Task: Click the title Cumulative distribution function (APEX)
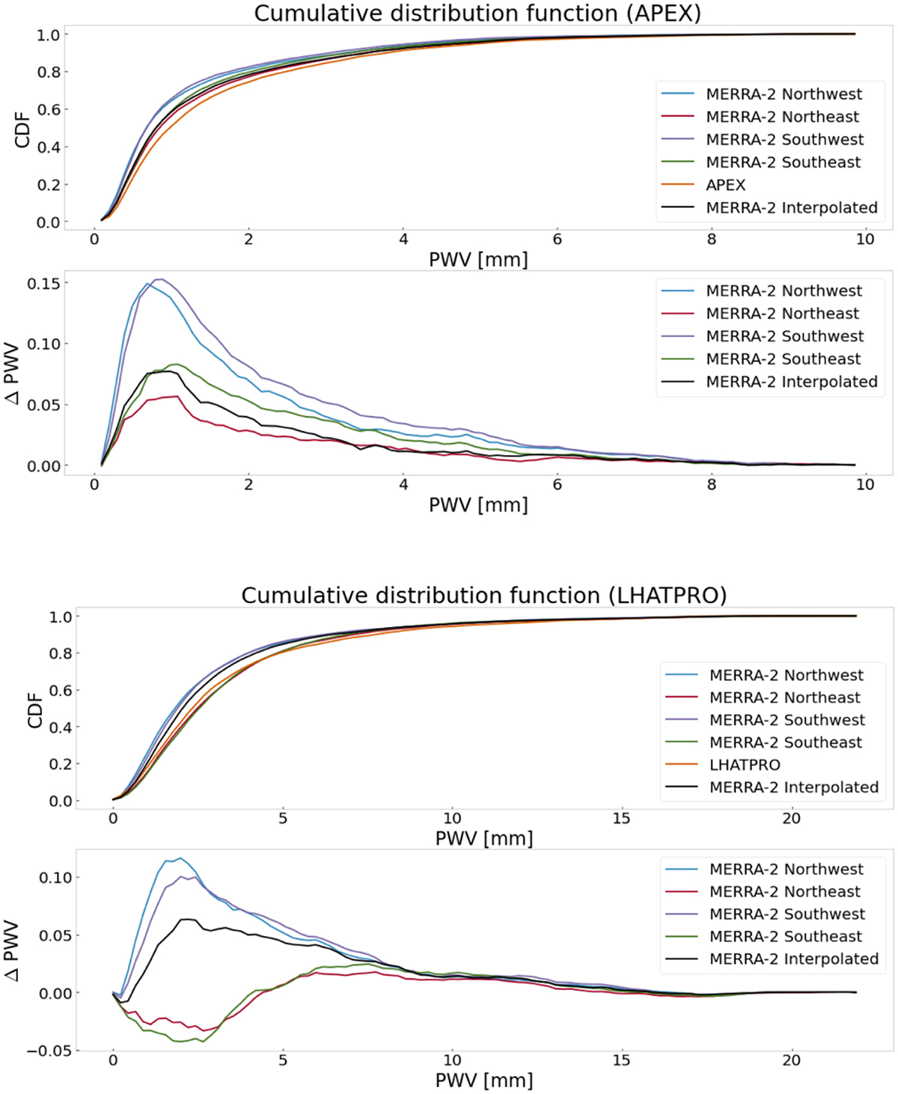click(477, 13)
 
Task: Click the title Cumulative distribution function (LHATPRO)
click(483, 596)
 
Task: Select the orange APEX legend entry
click(725, 185)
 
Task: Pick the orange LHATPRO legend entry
click(745, 765)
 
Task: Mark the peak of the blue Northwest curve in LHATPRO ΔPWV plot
click(180, 858)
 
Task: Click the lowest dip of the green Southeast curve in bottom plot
click(180, 1042)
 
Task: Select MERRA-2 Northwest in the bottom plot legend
click(786, 869)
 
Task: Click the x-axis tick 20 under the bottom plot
click(791, 1060)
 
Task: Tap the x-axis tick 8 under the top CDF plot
click(711, 239)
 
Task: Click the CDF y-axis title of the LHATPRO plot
click(34, 708)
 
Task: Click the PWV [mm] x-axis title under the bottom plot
click(483, 1081)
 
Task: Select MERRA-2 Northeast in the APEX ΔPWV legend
click(782, 314)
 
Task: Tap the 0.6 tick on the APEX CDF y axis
click(49, 109)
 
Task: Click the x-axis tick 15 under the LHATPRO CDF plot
click(621, 818)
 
